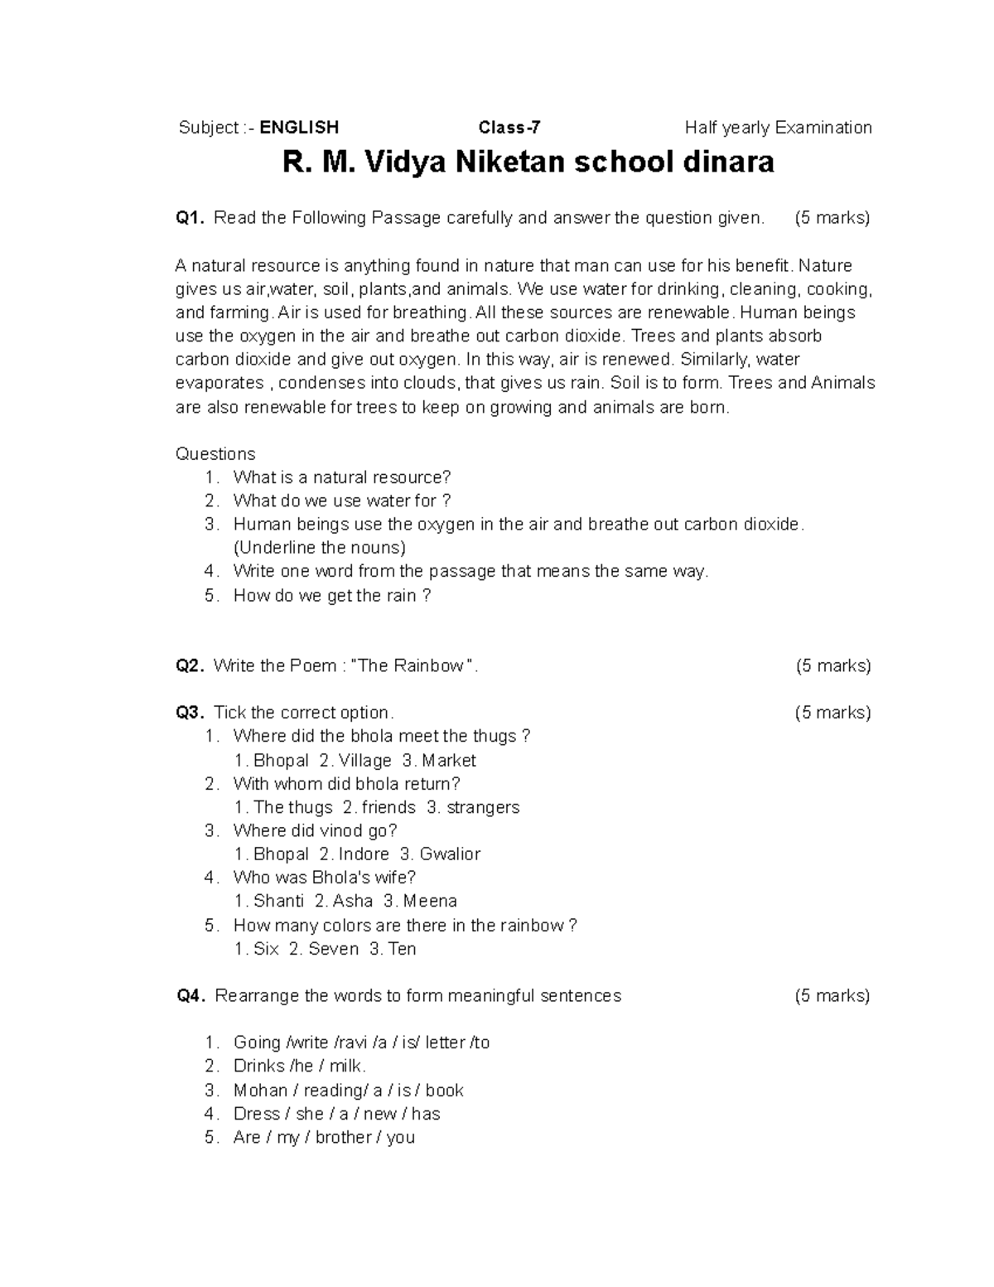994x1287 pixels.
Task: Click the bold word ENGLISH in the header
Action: click(299, 128)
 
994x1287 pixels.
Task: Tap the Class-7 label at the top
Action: click(509, 128)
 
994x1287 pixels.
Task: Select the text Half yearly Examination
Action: click(778, 128)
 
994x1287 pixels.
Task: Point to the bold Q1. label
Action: click(190, 218)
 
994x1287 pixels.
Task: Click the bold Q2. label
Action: click(190, 666)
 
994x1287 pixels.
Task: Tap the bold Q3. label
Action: click(190, 713)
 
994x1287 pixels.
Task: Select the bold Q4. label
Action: click(191, 996)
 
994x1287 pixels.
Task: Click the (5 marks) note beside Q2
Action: click(832, 666)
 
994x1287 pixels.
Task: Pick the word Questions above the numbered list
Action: click(215, 454)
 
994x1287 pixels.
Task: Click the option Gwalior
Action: click(450, 854)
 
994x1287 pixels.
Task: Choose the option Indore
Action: click(364, 854)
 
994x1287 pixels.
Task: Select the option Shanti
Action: click(278, 902)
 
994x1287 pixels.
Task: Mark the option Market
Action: click(448, 761)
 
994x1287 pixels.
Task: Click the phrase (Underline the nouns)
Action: click(320, 548)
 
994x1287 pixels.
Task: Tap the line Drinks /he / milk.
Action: click(300, 1067)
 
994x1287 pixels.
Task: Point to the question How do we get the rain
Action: click(331, 596)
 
